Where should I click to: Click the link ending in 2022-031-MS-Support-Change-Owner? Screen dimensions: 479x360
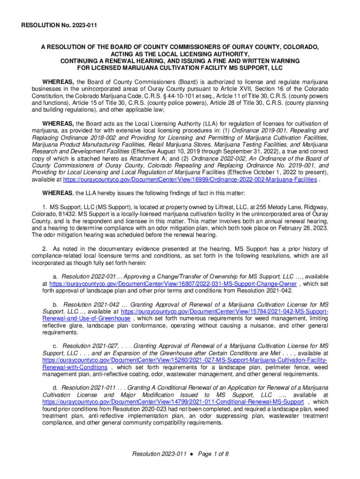click(x=173, y=283)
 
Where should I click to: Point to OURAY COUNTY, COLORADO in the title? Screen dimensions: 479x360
click(x=276, y=48)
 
